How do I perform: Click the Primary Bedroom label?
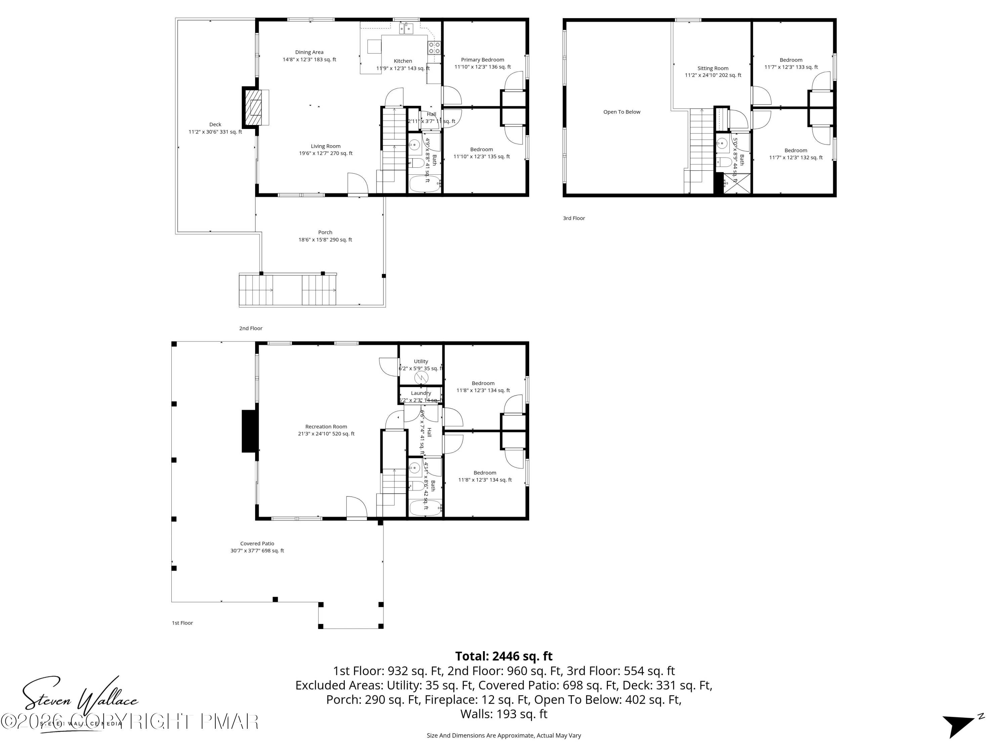click(x=482, y=60)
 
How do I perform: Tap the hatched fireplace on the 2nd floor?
click(x=253, y=108)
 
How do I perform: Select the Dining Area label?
click(x=309, y=52)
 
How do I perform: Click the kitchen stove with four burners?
click(x=434, y=48)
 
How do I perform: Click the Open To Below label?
click(x=622, y=112)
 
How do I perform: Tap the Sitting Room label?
click(x=713, y=68)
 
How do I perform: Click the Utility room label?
click(x=421, y=361)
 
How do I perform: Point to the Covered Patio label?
click(x=257, y=544)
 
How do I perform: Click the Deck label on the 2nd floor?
click(x=215, y=124)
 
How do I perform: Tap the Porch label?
click(x=325, y=233)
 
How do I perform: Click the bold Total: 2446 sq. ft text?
click(x=504, y=656)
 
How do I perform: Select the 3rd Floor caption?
click(x=574, y=218)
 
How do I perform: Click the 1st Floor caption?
click(x=182, y=623)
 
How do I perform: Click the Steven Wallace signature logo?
click(x=80, y=697)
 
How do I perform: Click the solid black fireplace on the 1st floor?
click(x=249, y=431)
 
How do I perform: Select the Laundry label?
click(x=421, y=393)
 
